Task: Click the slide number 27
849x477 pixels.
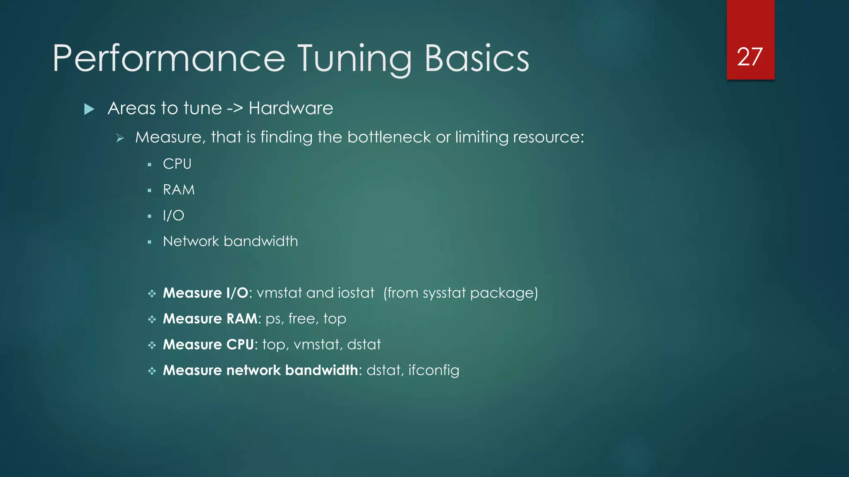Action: click(x=750, y=57)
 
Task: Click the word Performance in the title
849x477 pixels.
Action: click(x=169, y=59)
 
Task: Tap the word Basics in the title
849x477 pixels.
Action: click(x=477, y=59)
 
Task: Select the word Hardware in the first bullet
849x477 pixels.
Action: click(x=291, y=108)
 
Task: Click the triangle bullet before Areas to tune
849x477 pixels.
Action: click(x=89, y=109)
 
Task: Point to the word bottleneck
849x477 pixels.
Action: click(x=389, y=137)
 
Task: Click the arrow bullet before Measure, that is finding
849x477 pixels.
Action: click(x=120, y=138)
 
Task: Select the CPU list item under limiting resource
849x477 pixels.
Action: click(x=177, y=164)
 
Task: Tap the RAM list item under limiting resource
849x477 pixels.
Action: click(x=179, y=190)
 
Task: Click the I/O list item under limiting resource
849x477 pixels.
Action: click(x=173, y=215)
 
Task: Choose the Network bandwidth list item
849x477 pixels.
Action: click(x=230, y=241)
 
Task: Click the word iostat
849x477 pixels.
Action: click(x=356, y=293)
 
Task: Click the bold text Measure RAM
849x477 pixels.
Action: click(x=210, y=319)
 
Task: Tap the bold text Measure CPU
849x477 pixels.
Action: click(x=208, y=344)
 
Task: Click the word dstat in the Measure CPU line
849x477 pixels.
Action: click(x=364, y=344)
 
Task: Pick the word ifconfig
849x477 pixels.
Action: click(x=434, y=370)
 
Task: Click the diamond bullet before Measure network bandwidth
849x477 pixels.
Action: click(x=152, y=371)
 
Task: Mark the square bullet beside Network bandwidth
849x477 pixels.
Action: click(x=150, y=242)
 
